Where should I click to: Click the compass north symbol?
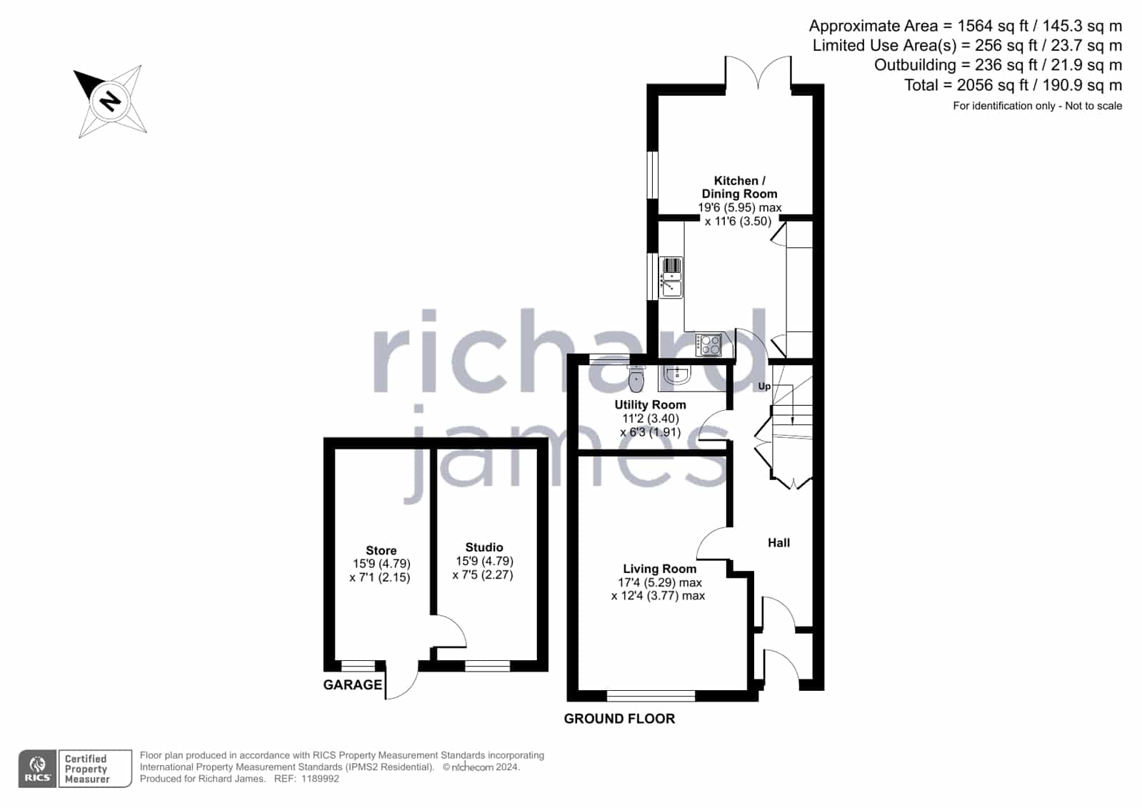(x=110, y=101)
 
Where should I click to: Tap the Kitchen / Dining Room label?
(x=739, y=187)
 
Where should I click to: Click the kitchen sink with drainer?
(x=671, y=277)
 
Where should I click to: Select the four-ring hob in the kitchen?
(x=708, y=344)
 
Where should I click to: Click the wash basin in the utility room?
(x=678, y=374)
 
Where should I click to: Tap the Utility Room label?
(x=650, y=404)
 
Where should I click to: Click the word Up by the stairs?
(x=764, y=386)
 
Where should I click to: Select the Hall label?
(x=778, y=543)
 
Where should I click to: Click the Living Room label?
(x=659, y=569)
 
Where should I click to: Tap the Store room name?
(x=381, y=550)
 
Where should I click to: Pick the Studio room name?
(x=484, y=547)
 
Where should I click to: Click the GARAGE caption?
(x=352, y=684)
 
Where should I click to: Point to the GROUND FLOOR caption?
(x=619, y=719)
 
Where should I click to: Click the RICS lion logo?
(x=37, y=768)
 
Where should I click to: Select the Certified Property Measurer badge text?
(x=86, y=769)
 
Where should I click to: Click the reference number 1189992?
(x=320, y=779)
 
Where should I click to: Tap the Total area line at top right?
(x=1013, y=85)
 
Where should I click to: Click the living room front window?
(x=651, y=696)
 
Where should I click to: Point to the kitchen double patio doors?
(x=758, y=75)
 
